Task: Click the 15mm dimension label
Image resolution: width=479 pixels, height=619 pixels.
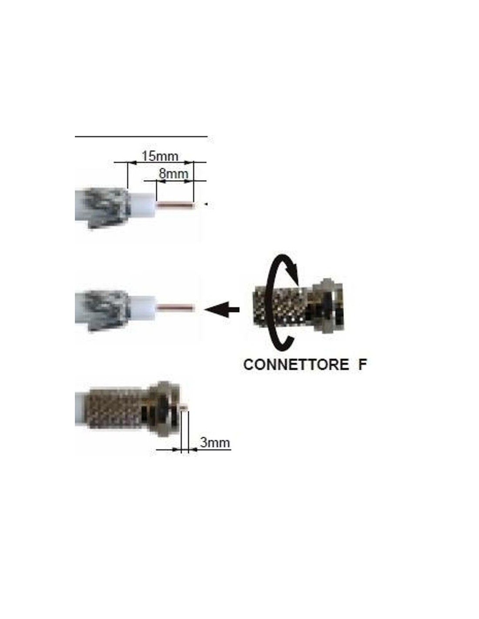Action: (x=159, y=155)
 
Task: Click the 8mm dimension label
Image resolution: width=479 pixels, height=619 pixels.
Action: (x=173, y=173)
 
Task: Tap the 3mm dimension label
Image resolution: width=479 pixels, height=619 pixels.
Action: (x=215, y=442)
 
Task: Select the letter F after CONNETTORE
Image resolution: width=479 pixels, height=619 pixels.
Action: (x=362, y=364)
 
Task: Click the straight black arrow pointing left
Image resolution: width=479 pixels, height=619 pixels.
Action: (x=222, y=309)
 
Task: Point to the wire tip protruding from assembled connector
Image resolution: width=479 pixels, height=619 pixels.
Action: (x=184, y=408)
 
